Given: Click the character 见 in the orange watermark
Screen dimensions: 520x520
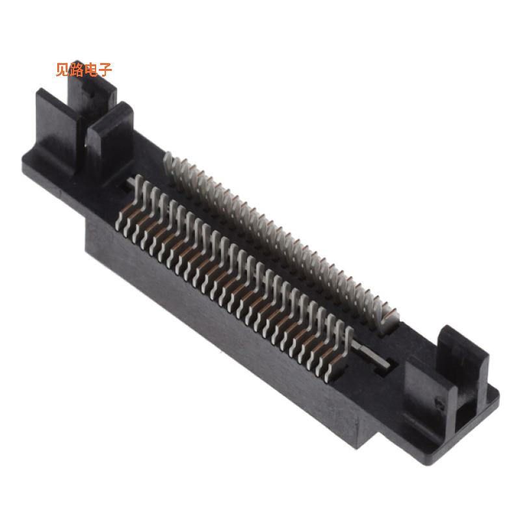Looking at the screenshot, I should (x=62, y=70).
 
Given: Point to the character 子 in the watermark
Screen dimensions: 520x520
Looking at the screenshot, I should (x=105, y=70).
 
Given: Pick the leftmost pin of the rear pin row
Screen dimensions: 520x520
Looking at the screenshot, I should (x=168, y=162).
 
